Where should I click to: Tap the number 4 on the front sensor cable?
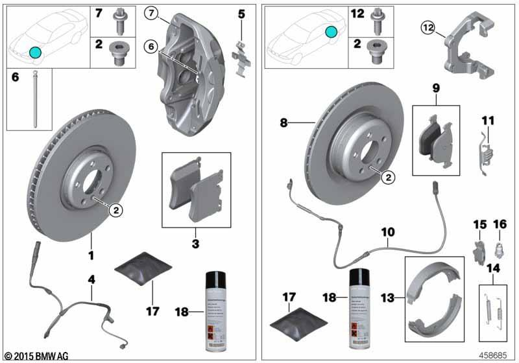(91, 280)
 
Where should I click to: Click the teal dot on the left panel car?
(35, 52)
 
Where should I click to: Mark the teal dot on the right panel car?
(332, 31)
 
